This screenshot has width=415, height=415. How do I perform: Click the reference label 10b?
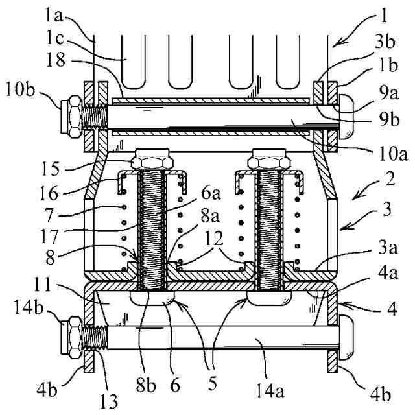click(x=20, y=91)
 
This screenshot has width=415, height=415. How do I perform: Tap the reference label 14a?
click(x=271, y=391)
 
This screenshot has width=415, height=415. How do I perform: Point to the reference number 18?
click(x=56, y=60)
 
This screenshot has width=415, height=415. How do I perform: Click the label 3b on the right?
click(x=385, y=41)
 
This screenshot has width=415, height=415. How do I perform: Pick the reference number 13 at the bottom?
click(x=109, y=401)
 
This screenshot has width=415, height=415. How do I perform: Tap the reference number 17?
click(x=49, y=236)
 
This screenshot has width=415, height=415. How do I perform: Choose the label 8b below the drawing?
click(x=146, y=386)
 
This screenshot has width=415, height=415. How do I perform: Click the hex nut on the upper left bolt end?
click(x=72, y=117)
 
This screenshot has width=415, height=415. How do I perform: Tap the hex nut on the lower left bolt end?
click(x=72, y=337)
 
